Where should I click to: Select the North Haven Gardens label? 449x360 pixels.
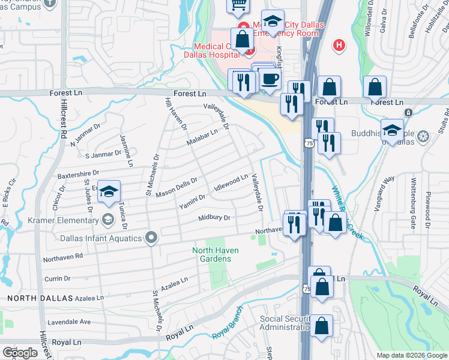211,254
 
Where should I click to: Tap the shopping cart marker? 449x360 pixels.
237,5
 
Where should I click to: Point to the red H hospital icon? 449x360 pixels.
339,44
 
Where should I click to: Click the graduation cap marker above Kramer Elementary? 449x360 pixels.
109,192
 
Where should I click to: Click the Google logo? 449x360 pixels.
20,352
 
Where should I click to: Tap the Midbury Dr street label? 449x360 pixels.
214,218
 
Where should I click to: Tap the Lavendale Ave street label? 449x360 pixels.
69,322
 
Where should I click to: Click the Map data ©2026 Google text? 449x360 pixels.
412,355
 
